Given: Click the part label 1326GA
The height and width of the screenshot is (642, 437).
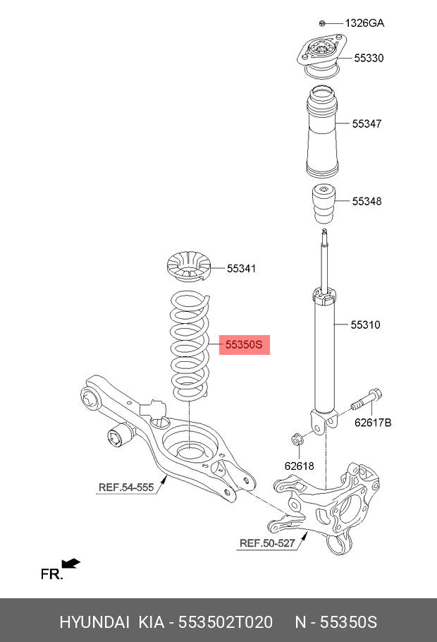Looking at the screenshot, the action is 364,23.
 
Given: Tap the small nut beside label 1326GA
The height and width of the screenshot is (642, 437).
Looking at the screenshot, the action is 322,23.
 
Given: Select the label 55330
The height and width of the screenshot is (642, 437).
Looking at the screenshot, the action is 369,58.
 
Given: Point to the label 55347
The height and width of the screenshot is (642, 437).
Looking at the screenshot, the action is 367,123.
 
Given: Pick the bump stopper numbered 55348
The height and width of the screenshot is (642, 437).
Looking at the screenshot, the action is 324,205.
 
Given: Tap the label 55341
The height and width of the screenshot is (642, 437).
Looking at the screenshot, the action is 242,268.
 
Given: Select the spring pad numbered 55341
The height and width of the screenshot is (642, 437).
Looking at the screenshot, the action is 189,266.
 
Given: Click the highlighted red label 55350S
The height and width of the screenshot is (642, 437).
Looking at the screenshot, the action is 245,344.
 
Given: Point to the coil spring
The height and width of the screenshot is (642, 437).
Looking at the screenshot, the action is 190,345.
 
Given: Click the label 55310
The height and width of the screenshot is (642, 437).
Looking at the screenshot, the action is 365,325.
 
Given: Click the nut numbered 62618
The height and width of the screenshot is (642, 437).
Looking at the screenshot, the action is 296,440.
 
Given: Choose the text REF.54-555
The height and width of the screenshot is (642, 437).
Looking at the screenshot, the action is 126,487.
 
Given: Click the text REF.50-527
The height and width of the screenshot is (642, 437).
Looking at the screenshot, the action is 267,543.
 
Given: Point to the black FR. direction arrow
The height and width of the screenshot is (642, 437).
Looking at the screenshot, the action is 70,564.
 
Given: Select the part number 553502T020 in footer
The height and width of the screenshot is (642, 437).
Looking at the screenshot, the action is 226,622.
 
